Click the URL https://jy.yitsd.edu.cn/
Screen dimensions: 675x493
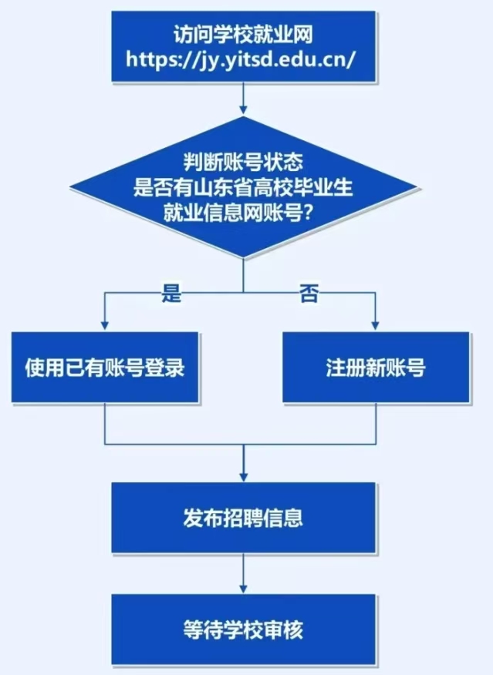pos(245,58)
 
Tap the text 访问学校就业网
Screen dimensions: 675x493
pos(245,35)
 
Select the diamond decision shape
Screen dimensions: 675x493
pos(245,188)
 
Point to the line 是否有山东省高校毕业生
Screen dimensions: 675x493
pos(245,188)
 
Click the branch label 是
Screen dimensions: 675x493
pos(171,293)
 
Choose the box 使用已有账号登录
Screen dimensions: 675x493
pos(105,368)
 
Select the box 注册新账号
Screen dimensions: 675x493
pos(376,368)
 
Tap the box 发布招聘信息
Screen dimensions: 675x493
pos(244,517)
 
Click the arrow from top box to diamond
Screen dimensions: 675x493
pos(245,99)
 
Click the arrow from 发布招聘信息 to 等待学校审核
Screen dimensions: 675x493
pos(245,573)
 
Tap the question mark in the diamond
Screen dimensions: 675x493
pos(307,212)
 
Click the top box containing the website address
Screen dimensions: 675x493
pos(245,45)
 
